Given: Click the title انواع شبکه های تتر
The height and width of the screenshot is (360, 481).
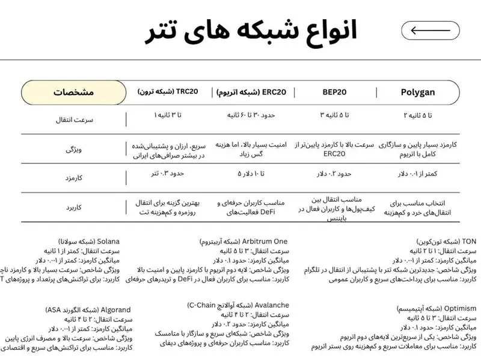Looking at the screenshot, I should (x=251, y=31).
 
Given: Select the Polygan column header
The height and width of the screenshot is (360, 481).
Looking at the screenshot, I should (x=426, y=93).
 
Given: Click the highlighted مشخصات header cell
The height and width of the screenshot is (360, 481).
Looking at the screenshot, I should (x=74, y=93).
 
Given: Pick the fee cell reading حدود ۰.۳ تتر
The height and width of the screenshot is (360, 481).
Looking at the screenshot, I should (x=168, y=174).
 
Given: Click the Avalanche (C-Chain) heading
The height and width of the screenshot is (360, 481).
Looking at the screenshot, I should (x=238, y=305).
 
